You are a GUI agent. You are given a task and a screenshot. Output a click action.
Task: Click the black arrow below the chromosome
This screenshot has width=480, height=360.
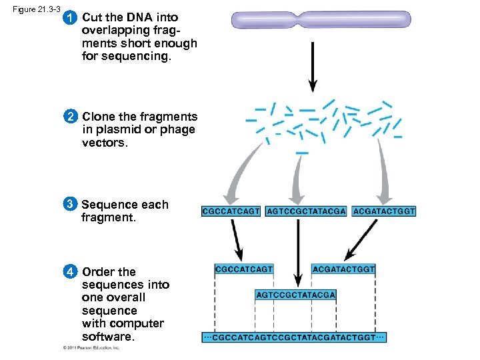click(312, 67)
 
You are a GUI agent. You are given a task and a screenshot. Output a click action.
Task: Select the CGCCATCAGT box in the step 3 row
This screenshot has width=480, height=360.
click(231, 211)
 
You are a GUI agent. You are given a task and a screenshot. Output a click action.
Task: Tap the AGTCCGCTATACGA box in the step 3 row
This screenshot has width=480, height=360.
click(306, 211)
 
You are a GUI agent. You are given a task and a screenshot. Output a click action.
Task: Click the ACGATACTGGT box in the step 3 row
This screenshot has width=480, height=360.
click(384, 211)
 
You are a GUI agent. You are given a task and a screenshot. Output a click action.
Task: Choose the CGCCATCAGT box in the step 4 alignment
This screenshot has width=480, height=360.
click(244, 269)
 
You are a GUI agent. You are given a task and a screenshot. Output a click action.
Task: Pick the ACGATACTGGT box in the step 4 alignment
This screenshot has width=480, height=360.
click(343, 269)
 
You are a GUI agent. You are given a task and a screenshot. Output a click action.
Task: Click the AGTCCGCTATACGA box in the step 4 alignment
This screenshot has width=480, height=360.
click(295, 295)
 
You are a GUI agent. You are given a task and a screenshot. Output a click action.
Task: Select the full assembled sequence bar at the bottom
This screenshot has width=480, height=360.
click(294, 337)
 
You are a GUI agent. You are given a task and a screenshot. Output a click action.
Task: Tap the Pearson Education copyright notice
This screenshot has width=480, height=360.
click(91, 348)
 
